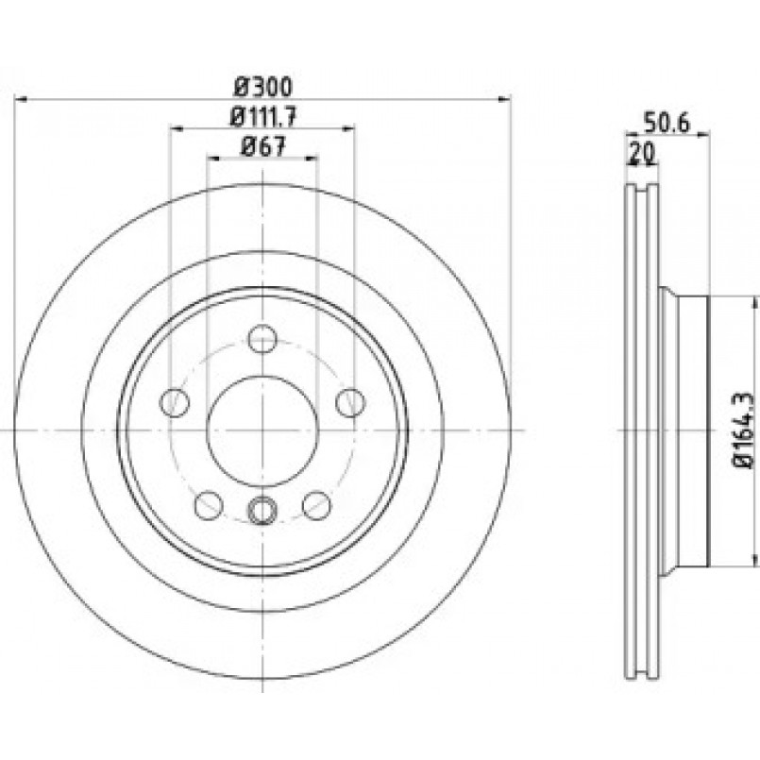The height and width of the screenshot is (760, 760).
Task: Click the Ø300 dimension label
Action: (x=263, y=87)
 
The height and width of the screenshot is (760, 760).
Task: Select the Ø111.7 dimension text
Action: (x=263, y=117)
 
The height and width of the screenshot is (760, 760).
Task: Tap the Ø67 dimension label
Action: (x=263, y=146)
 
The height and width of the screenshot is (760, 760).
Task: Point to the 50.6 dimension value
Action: (x=666, y=123)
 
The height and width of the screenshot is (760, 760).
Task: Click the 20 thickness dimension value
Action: (x=642, y=153)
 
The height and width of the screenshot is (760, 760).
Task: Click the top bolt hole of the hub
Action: (x=262, y=338)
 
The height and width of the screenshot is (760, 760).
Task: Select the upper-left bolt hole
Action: (x=175, y=402)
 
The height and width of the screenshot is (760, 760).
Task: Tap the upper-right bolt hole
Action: (x=350, y=402)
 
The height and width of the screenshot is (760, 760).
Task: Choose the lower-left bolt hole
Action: (x=209, y=505)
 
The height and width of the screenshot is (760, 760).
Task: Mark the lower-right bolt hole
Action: (x=316, y=505)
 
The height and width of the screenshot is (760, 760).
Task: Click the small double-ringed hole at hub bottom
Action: (x=262, y=510)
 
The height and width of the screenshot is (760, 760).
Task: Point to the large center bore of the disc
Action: (x=262, y=431)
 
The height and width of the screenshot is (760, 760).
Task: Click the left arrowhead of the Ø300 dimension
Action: (x=21, y=99)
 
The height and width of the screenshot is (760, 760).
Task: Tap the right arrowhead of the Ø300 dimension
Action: (x=505, y=99)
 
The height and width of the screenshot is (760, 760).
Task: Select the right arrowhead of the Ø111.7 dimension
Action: (x=348, y=128)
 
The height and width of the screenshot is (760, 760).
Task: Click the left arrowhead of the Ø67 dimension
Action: (x=212, y=158)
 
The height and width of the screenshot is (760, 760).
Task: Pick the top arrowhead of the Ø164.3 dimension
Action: (x=754, y=303)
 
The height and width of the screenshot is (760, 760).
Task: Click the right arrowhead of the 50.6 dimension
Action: (x=703, y=135)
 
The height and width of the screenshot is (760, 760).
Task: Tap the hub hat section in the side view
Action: (x=684, y=431)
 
